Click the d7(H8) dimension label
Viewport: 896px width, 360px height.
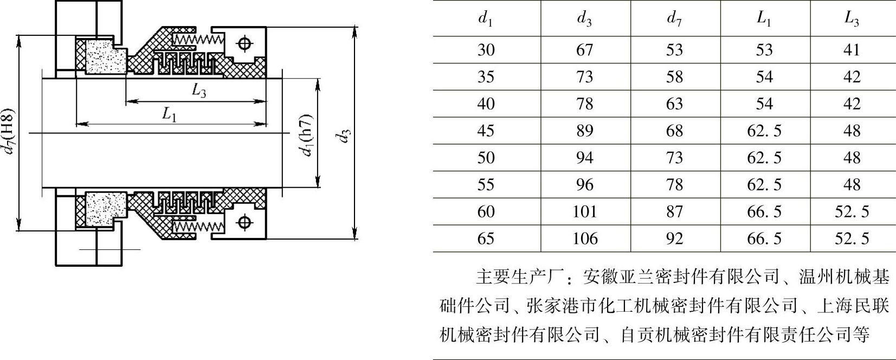[10, 132]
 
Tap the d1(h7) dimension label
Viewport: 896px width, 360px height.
[307, 135]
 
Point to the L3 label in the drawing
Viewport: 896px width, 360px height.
[199, 91]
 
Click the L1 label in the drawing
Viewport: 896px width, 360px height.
[170, 114]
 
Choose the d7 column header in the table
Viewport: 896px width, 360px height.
[674, 20]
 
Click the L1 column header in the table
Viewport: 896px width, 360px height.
[764, 20]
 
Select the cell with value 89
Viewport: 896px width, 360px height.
[584, 131]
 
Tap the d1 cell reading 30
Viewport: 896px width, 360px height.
[486, 50]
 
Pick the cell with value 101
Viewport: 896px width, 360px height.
[584, 211]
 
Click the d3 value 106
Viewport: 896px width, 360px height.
[584, 239]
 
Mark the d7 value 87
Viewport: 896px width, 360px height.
[674, 211]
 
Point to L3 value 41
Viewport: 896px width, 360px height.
[852, 50]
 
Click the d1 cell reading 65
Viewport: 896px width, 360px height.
[486, 239]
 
